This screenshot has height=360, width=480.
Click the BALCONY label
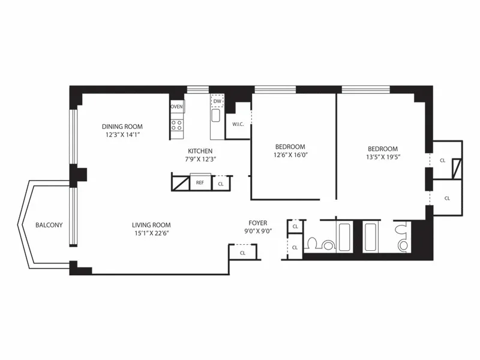pos(49,226)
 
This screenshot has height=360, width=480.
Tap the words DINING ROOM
pos(122,127)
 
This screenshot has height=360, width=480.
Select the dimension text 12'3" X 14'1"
pos(122,134)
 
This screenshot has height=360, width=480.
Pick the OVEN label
pos(177,107)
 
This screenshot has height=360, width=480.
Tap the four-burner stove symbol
pos(177,125)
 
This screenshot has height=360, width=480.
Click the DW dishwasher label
pos(217,101)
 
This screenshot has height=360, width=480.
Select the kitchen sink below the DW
pos(217,116)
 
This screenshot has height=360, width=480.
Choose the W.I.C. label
pos(238,124)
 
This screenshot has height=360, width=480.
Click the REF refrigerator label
pos(200,183)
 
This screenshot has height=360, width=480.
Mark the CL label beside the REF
pos(220,184)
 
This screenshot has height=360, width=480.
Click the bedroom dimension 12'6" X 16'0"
pos(290,155)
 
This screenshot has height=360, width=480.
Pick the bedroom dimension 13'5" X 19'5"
pos(382,157)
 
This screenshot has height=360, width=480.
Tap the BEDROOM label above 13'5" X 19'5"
pos(382,149)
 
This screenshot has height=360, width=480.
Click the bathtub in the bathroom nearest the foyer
pos(345,237)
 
